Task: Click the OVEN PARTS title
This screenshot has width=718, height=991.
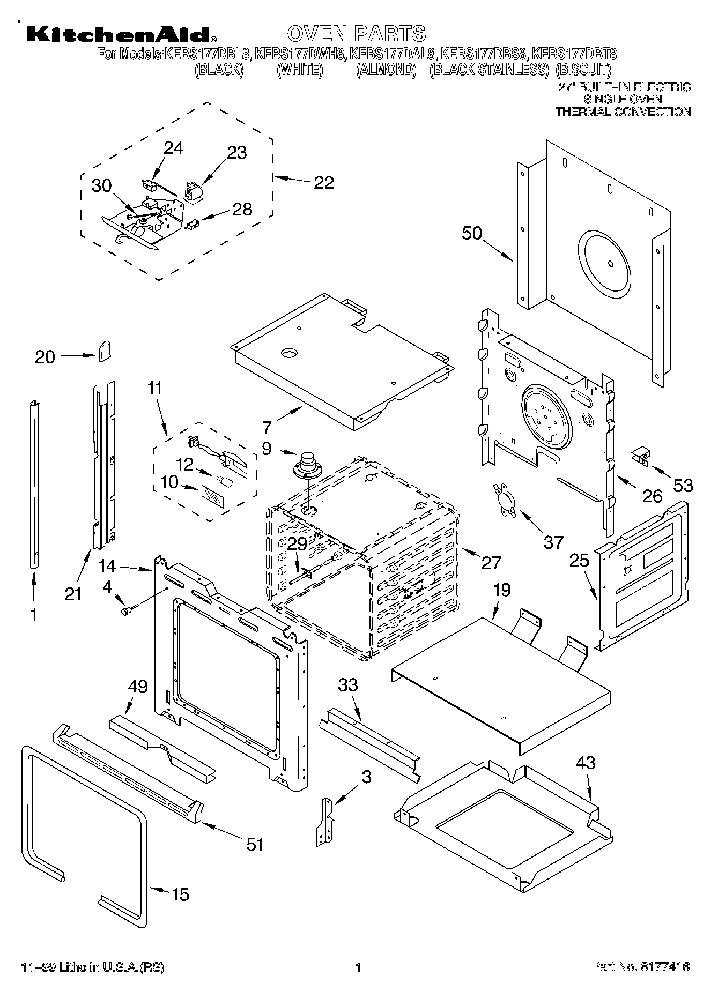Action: (356, 33)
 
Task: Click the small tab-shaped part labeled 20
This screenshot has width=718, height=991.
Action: (104, 351)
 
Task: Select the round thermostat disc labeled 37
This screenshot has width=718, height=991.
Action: (505, 500)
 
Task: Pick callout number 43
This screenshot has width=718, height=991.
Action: (585, 763)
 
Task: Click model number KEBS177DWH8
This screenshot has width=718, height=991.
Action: (302, 54)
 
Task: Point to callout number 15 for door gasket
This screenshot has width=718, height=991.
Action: (180, 894)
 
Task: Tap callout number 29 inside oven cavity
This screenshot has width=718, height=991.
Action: (297, 543)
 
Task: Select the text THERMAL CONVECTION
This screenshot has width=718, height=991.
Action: (623, 111)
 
